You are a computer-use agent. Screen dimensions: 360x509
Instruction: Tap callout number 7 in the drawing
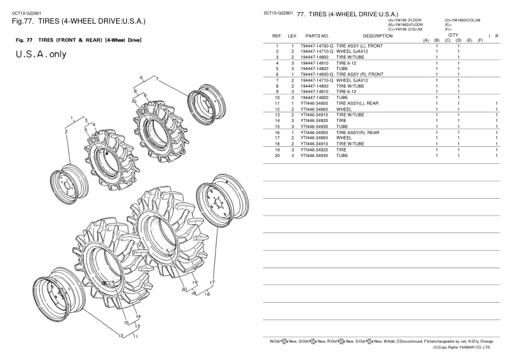tap(158, 79)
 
